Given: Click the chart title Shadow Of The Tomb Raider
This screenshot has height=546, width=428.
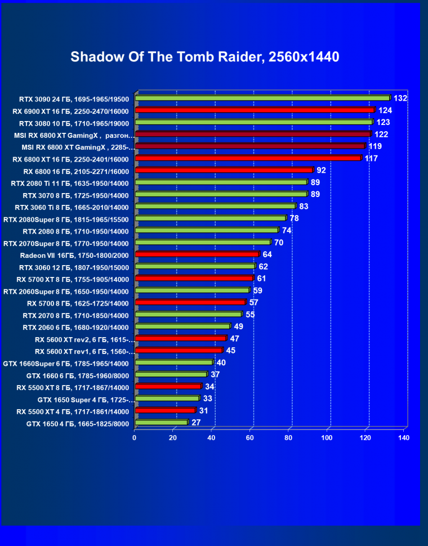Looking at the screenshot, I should tap(204, 57).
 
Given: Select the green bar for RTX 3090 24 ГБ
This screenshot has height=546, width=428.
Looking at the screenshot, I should tap(262, 98).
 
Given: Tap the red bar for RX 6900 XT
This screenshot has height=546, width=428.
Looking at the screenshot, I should tap(255, 110).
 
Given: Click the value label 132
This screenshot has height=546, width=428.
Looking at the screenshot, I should tap(400, 99).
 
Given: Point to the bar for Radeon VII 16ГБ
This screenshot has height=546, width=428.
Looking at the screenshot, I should tap(197, 254).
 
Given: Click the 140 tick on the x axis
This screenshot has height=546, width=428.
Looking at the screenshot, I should tap(403, 437).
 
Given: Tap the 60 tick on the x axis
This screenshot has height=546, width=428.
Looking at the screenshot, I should tap(249, 437).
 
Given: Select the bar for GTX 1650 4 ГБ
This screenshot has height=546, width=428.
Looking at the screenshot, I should tap(162, 422).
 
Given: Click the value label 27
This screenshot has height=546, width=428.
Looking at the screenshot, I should tap(197, 422).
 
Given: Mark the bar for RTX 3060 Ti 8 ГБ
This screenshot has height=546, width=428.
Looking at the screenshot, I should tap(215, 207).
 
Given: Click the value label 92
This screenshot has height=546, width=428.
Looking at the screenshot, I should tap(322, 170).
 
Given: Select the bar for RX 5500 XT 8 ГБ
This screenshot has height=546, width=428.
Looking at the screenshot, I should tap(168, 387).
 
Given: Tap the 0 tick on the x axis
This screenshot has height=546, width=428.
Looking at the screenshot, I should tap(135, 437).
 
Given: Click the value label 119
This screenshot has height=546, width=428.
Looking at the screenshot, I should tap(375, 146).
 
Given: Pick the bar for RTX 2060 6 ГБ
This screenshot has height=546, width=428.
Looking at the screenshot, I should tap(183, 326).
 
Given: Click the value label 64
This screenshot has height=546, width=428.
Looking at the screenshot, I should tap(267, 254).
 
